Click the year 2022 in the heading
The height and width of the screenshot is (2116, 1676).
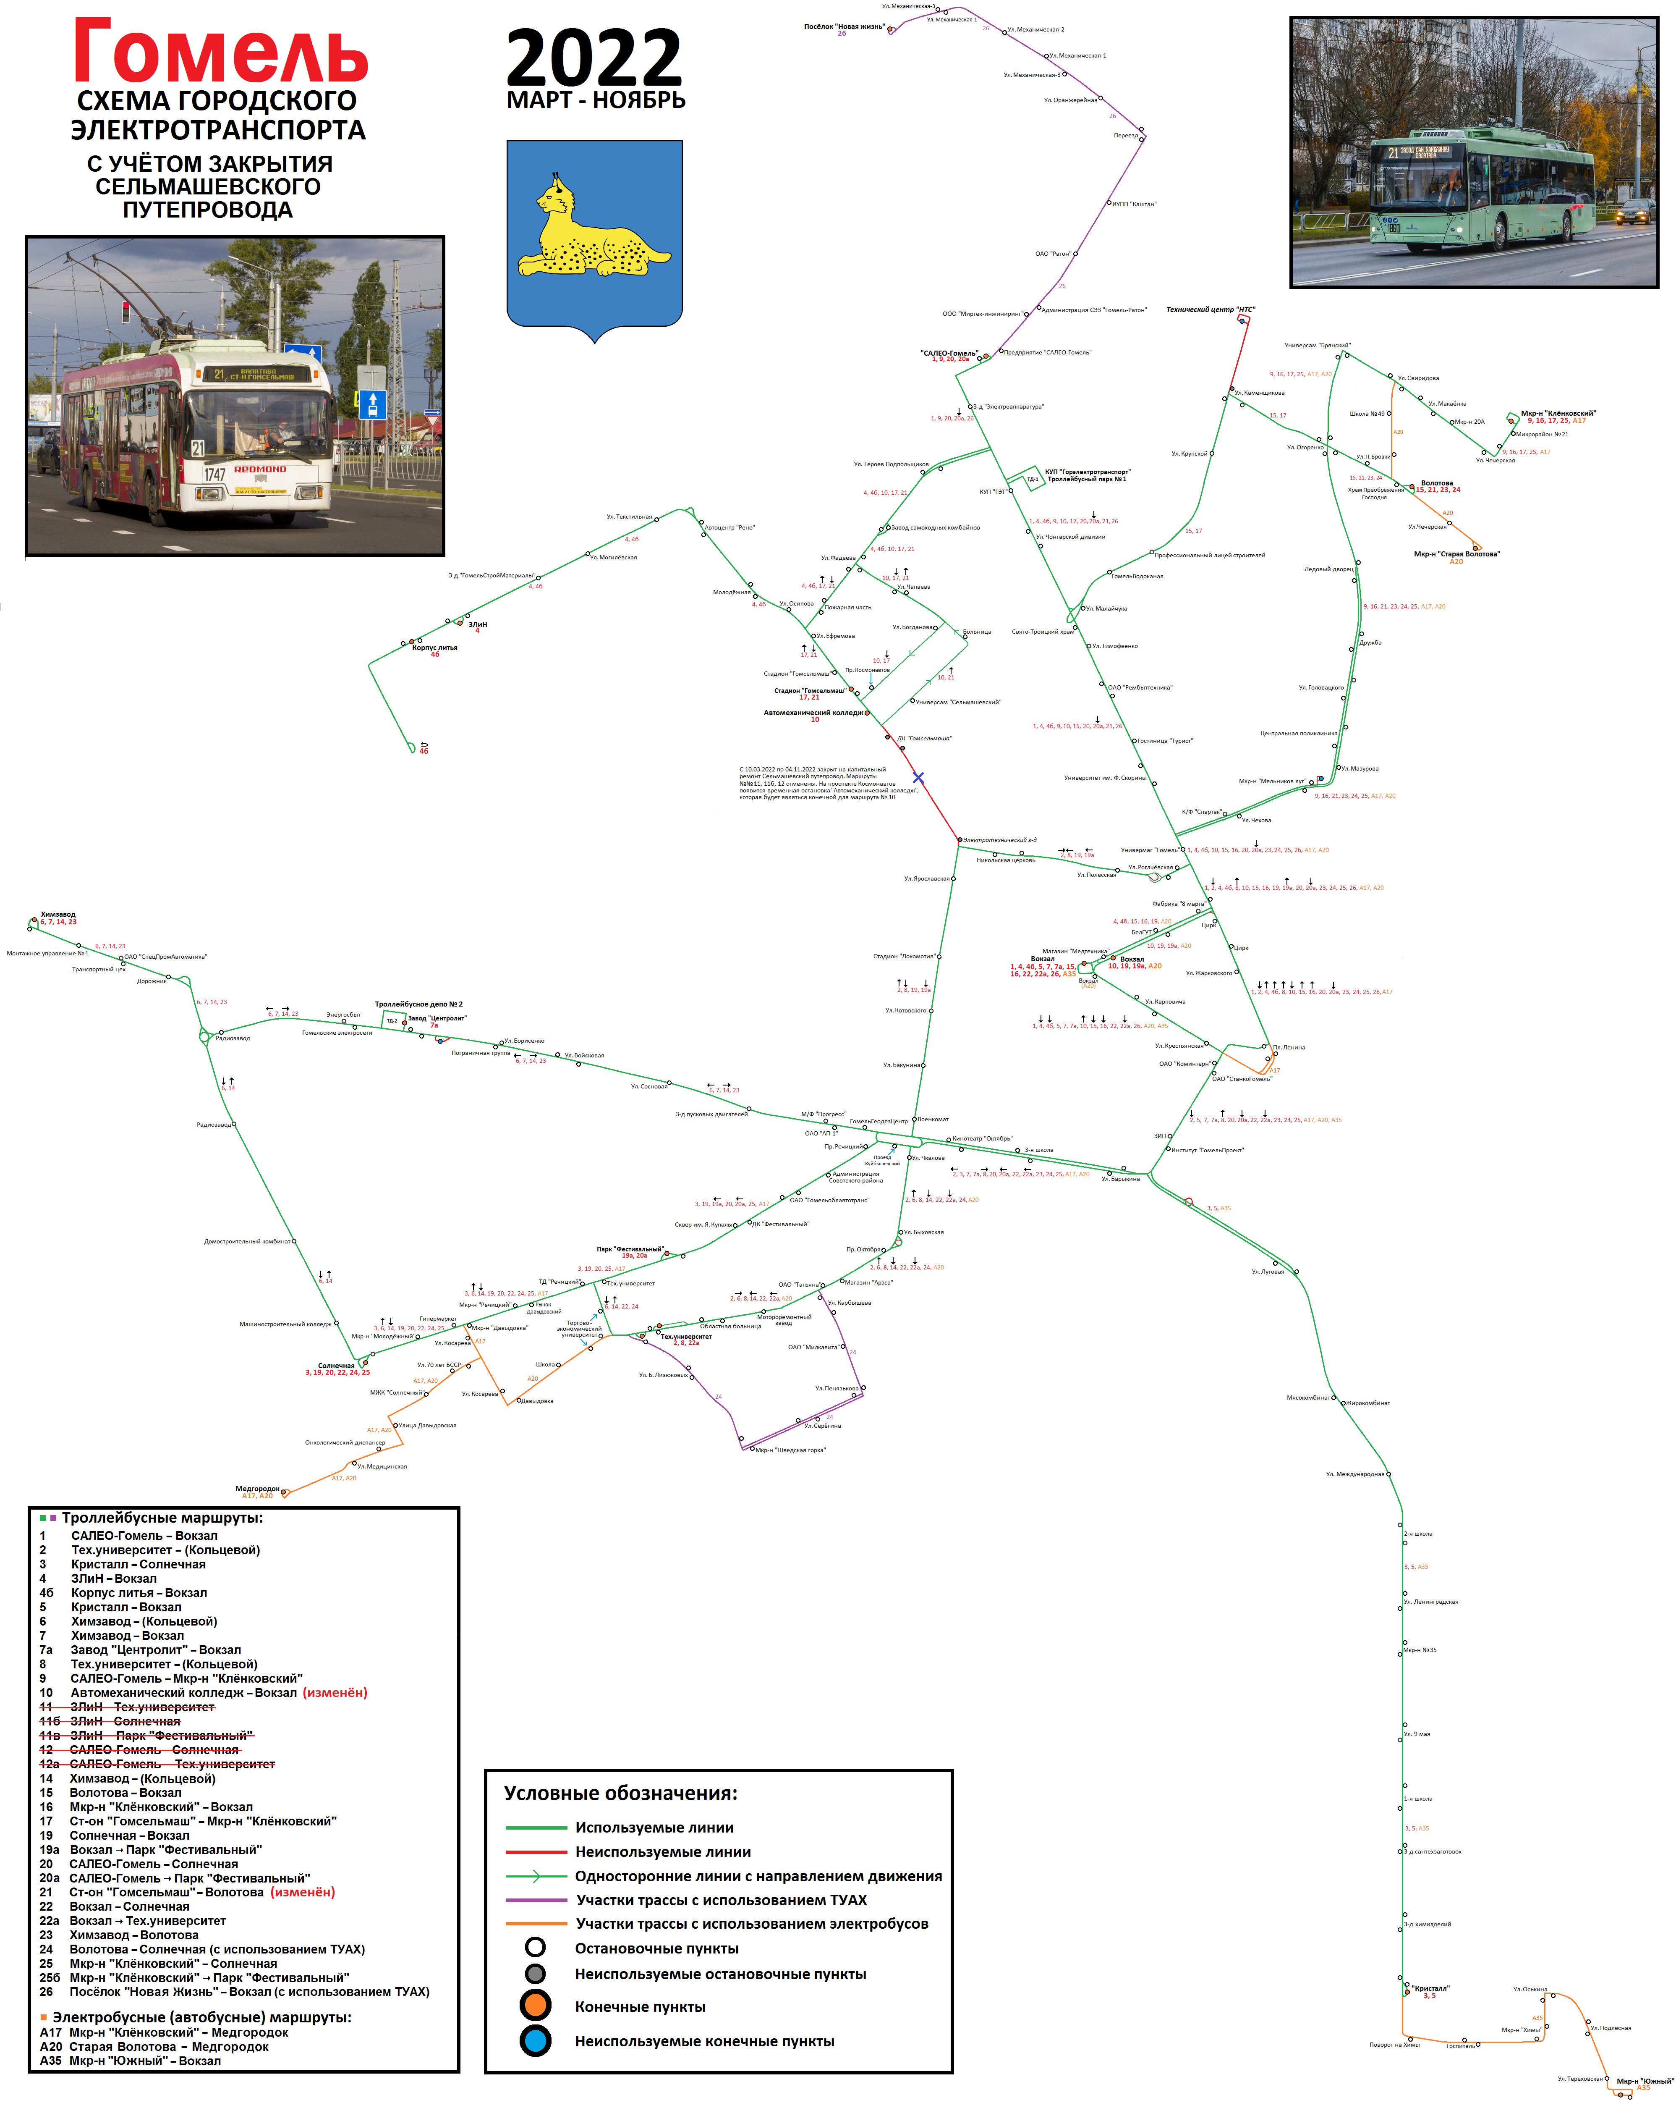594,59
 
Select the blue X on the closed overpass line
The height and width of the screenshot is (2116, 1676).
918,777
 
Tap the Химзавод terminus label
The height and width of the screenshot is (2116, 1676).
58,914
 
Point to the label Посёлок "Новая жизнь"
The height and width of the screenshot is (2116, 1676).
844,26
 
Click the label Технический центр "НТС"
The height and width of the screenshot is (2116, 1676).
1210,309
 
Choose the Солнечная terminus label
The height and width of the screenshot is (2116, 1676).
337,1365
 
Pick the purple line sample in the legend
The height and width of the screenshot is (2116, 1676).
536,1900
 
